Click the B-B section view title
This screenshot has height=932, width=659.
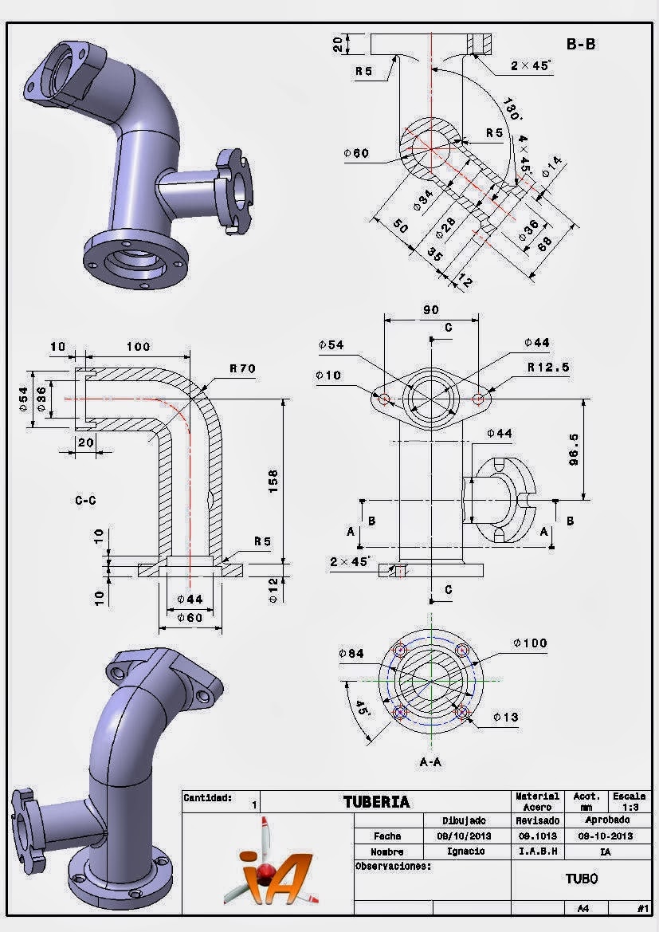[581, 44]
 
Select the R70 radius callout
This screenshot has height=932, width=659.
[242, 368]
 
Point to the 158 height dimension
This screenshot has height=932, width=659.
[273, 482]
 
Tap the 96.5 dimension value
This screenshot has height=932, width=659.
[574, 450]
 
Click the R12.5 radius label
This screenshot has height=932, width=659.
[548, 368]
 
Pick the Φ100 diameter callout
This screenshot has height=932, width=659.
[530, 643]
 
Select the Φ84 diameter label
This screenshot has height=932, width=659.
[351, 653]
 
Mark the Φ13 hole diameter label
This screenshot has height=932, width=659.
[506, 718]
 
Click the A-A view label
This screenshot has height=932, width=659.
[430, 762]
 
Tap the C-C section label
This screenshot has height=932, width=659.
[85, 501]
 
